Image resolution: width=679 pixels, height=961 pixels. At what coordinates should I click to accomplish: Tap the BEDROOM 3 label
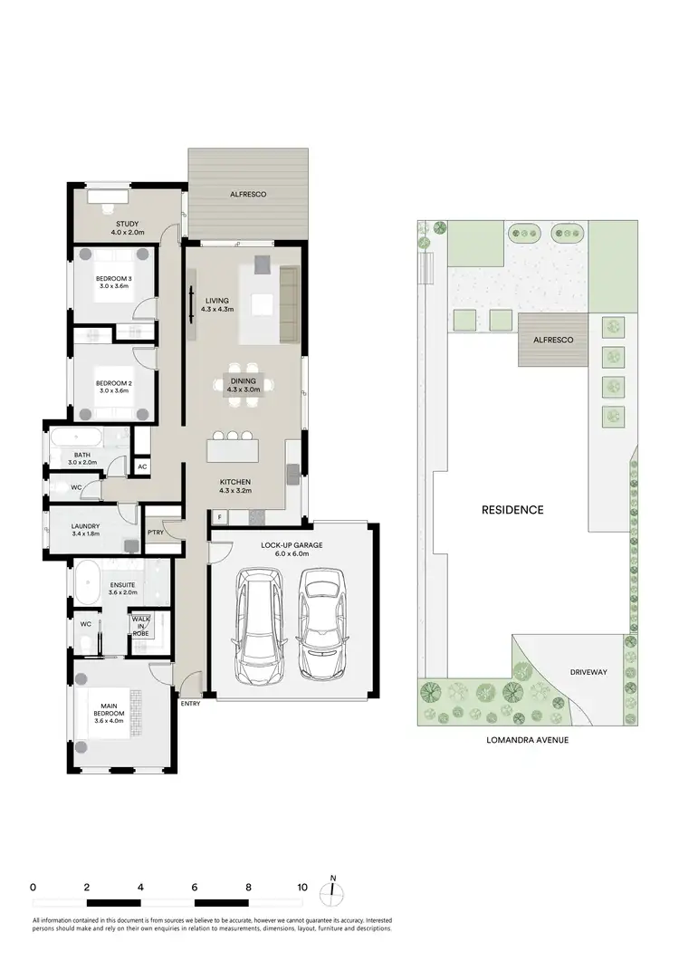[115, 278]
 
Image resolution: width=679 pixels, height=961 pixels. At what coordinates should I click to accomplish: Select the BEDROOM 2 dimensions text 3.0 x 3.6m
[115, 391]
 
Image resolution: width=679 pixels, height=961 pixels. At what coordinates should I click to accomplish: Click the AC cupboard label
[142, 467]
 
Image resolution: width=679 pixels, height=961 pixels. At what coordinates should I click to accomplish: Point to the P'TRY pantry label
[155, 533]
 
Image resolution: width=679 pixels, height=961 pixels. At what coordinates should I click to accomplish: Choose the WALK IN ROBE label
[140, 624]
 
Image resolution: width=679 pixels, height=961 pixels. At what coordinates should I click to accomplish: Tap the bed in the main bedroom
[112, 714]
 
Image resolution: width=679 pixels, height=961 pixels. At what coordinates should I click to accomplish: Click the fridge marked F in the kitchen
[219, 516]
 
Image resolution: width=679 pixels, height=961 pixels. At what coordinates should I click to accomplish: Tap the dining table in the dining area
[244, 388]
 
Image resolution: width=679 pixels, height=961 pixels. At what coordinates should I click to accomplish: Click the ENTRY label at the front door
[190, 703]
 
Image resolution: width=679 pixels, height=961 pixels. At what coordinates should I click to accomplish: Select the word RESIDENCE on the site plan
[512, 510]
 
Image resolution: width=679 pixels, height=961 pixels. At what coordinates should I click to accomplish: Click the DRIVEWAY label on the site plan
[588, 673]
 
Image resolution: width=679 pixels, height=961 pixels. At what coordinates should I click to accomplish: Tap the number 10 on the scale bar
[301, 887]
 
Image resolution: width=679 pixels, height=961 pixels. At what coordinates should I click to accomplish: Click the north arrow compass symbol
[333, 889]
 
